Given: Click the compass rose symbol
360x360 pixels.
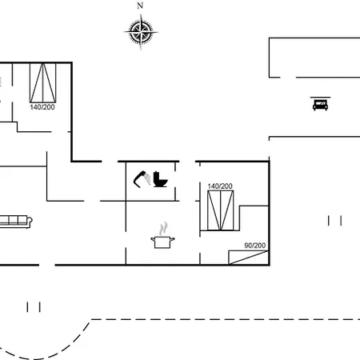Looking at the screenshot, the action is coord(141,32).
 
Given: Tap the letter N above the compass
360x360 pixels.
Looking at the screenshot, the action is coord(140,6).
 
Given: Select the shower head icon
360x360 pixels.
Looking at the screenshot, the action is coord(142,179).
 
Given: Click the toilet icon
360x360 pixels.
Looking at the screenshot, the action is coord(160,179).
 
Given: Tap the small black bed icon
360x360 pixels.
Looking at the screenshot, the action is coord(320,105).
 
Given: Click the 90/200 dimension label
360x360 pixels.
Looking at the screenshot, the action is coord(255,246).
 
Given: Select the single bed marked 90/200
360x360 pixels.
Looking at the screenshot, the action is coord(249,258).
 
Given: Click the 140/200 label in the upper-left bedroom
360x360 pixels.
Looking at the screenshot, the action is coord(42,107).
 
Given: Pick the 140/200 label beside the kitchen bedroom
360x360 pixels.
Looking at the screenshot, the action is coord(220,186).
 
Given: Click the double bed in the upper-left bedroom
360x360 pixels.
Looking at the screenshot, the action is coord(42,82).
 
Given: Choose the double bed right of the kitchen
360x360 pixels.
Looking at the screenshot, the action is coord(221,210).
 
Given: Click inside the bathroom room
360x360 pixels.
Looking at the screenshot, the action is coord(150,192).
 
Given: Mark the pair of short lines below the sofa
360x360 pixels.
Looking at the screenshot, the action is coord(34,307).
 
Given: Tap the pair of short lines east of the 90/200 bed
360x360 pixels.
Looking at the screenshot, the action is coord(334,221).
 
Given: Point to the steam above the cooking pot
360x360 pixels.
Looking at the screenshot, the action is coord(163,229).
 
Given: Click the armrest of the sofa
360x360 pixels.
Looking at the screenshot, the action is coord(30,221).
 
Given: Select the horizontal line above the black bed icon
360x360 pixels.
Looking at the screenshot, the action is coord(320,98).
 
